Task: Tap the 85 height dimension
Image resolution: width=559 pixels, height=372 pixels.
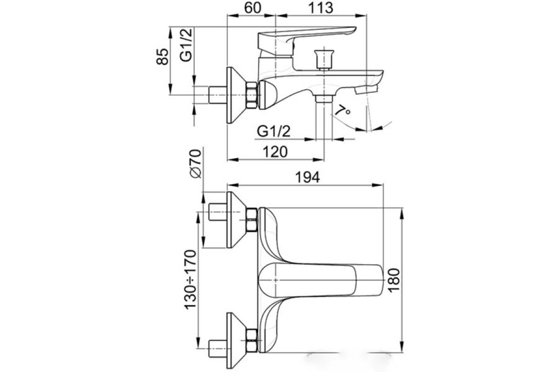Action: [x=162, y=57]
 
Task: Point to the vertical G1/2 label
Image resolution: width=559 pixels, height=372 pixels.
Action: [x=187, y=45]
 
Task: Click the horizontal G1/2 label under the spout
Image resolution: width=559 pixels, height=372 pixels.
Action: [x=274, y=131]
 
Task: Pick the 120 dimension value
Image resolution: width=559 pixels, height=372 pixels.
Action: [x=275, y=152]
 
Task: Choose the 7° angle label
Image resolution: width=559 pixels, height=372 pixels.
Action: [x=343, y=110]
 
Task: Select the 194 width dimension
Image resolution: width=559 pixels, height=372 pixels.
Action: [x=307, y=178]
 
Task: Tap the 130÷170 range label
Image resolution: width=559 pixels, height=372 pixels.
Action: [x=191, y=279]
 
